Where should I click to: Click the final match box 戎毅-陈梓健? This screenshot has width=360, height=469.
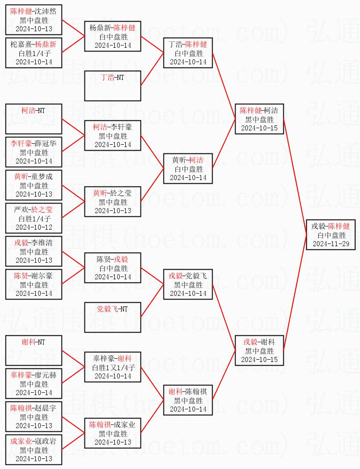(x=331, y=235)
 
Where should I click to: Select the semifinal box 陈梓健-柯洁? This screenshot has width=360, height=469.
(x=259, y=119)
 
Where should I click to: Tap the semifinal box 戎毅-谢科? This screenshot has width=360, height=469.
(x=259, y=350)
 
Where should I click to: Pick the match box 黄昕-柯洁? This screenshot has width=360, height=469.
(x=188, y=169)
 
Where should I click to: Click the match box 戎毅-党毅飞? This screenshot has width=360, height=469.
(x=188, y=284)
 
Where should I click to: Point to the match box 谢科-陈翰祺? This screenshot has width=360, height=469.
(x=188, y=400)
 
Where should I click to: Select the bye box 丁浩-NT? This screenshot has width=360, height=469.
(x=112, y=86)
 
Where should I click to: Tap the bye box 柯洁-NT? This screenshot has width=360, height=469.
(x=34, y=119)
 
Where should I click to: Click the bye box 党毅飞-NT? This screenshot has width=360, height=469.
(x=112, y=317)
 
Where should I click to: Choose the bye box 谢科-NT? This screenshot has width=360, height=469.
(x=34, y=350)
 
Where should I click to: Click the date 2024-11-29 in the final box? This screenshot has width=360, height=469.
(x=331, y=243)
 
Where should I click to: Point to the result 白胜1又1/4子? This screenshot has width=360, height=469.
(x=112, y=367)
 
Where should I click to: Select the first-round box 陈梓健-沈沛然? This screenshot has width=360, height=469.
(x=34, y=20)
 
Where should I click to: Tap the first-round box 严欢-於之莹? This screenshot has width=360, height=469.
(x=34, y=218)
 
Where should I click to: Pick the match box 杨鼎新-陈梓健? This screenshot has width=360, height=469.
(x=112, y=36)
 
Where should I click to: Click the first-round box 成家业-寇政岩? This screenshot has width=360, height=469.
(x=34, y=450)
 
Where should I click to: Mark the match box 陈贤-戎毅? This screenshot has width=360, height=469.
(x=112, y=268)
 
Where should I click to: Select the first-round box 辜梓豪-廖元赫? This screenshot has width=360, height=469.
(x=34, y=384)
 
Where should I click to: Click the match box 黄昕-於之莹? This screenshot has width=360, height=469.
(x=112, y=202)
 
